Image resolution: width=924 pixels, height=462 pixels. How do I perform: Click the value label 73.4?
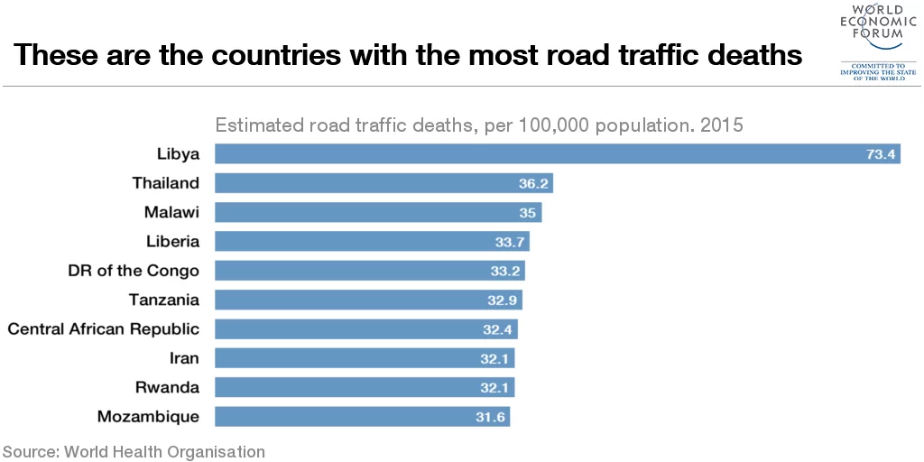(x=880, y=154)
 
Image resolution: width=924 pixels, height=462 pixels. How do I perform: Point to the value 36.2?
(x=531, y=184)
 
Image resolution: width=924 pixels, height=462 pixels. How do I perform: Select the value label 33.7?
(x=508, y=242)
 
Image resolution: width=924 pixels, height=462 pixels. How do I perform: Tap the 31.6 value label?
(x=489, y=417)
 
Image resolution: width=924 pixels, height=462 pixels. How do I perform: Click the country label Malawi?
(x=171, y=212)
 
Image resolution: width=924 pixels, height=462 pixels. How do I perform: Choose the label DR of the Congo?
(x=134, y=271)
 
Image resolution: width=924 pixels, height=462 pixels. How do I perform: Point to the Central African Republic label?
(x=103, y=329)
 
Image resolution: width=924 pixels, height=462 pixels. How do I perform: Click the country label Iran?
(x=184, y=358)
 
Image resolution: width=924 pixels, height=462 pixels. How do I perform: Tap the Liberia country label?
(x=172, y=242)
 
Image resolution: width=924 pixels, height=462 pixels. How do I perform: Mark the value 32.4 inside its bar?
(x=497, y=329)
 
